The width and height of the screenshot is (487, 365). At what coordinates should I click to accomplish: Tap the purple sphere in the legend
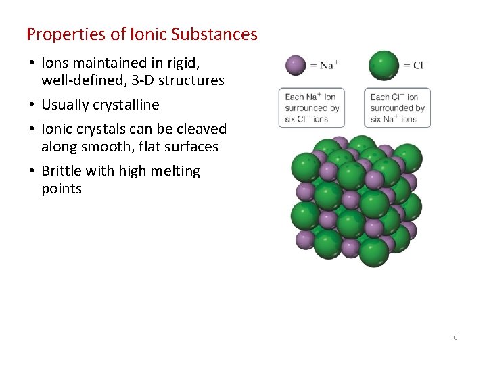pos(295,65)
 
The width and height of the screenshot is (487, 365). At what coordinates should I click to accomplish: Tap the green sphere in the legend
pos(384,65)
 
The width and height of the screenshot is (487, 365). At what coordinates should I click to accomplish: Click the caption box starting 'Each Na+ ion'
pos(312,107)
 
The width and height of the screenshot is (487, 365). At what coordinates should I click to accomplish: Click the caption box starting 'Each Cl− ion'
pos(397,107)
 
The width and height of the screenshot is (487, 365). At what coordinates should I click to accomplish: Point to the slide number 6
pos(455,337)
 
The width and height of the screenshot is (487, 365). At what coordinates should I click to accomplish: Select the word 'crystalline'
pos(129,105)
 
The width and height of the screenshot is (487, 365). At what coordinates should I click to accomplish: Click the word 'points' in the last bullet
pos(61,189)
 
